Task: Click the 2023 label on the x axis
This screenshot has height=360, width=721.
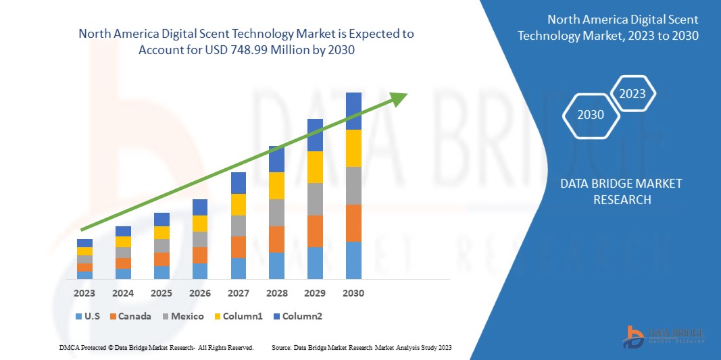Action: click(84, 293)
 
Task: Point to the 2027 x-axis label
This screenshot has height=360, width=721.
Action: click(239, 293)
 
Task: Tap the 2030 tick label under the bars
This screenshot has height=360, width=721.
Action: click(353, 293)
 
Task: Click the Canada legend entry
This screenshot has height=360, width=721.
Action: click(132, 316)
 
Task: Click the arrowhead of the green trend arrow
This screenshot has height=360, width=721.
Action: click(399, 99)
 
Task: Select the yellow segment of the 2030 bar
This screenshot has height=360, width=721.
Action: click(353, 148)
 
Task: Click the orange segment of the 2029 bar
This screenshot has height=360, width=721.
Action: click(315, 231)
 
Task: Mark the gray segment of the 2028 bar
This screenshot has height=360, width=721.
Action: click(276, 212)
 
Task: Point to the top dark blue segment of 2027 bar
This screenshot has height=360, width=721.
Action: click(239, 182)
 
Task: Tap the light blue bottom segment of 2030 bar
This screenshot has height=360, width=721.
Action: click(353, 260)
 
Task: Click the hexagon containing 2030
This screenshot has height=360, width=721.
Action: click(591, 114)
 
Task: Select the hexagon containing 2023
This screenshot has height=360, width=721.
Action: click(632, 94)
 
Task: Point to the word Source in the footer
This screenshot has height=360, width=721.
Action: click(280, 347)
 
